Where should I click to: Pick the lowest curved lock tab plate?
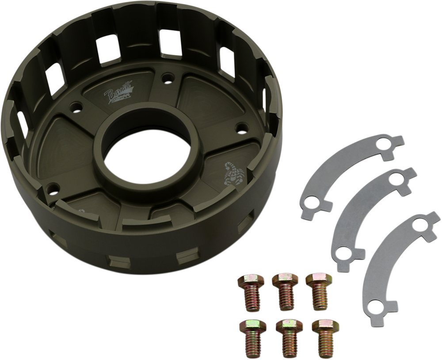coord(389,261)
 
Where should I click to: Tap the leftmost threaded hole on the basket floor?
coord(55,186)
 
